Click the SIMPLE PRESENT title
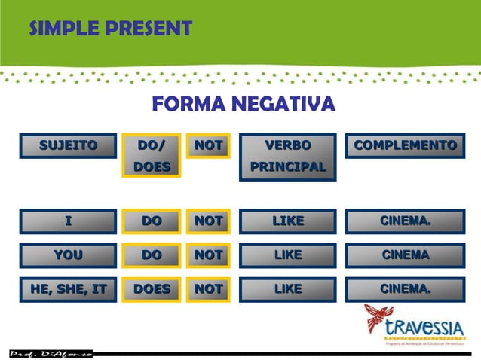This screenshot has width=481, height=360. click(109, 29)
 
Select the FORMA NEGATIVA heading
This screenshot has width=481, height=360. click(244, 103)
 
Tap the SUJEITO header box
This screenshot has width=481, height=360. click(69, 145)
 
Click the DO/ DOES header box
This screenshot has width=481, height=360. click(152, 155)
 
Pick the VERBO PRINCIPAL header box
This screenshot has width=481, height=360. click(288, 156)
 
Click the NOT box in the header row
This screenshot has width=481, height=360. click(208, 145)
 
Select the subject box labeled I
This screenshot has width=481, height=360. click(69, 221)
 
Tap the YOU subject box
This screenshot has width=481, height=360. click(69, 255)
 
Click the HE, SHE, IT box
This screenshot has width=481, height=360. click(69, 288)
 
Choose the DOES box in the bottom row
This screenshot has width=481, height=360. click(152, 288)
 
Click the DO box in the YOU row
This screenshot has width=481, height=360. click(152, 255)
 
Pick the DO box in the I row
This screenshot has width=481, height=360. click(152, 221)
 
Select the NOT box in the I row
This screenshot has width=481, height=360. click(208, 221)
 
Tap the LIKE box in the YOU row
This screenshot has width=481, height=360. click(288, 255)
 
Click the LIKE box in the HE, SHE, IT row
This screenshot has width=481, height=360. click(288, 288)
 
